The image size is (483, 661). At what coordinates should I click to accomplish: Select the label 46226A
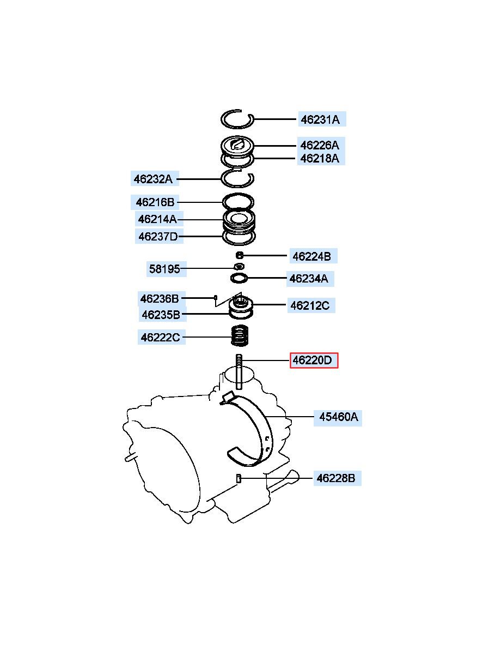[x=320, y=145]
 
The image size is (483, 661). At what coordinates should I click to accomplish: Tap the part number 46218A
[x=320, y=159]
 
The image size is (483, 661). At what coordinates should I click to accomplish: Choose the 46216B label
[x=155, y=202]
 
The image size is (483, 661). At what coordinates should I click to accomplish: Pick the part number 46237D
[x=159, y=236]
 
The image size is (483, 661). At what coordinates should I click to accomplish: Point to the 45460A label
[x=338, y=417]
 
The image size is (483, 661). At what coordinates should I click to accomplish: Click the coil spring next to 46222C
[x=240, y=335]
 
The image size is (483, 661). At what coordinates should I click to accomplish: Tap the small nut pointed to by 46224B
[x=240, y=255]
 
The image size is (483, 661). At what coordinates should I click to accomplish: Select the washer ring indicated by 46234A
[x=239, y=278]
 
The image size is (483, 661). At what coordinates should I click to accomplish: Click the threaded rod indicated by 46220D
[x=239, y=372]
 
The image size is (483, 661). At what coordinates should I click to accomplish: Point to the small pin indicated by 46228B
[x=239, y=478]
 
